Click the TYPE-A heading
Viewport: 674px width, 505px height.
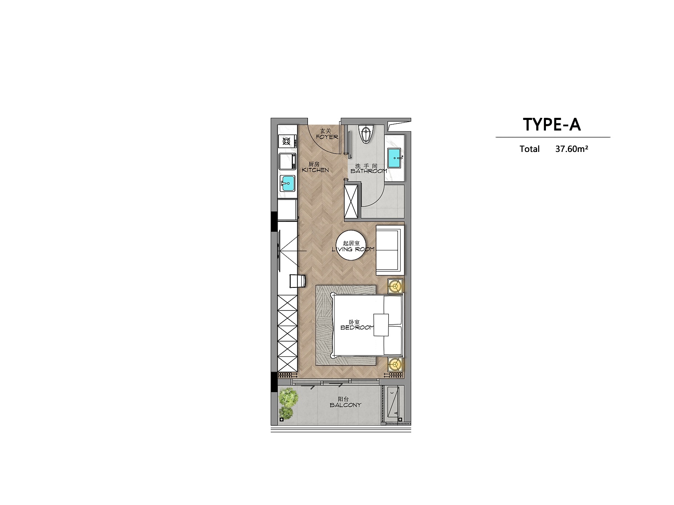552,125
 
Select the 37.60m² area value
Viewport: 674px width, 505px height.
572,149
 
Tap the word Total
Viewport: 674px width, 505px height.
530,149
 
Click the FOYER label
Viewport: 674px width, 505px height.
327,137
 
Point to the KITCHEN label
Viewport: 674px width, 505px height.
316,170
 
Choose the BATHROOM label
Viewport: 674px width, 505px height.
369,171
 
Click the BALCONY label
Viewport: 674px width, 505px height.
345,405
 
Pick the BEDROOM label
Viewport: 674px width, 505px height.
357,327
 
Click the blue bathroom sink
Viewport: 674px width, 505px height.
394,158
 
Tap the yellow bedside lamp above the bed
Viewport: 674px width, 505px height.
395,287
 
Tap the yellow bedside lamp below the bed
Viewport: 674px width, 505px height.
395,364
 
